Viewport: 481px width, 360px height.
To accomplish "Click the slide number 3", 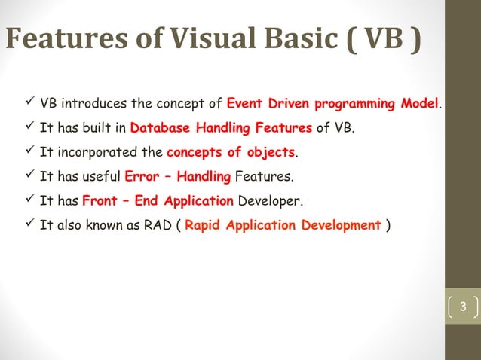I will point(464,307).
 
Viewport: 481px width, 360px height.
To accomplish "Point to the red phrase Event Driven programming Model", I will point(332,103).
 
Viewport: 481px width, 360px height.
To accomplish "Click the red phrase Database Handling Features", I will point(221,128).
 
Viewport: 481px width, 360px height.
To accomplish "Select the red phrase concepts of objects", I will point(231,153).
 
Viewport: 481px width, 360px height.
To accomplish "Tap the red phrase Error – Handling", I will point(177,177).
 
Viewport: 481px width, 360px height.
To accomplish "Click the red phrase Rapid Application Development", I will point(283,226).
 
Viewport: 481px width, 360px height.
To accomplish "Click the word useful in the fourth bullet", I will point(102,177).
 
